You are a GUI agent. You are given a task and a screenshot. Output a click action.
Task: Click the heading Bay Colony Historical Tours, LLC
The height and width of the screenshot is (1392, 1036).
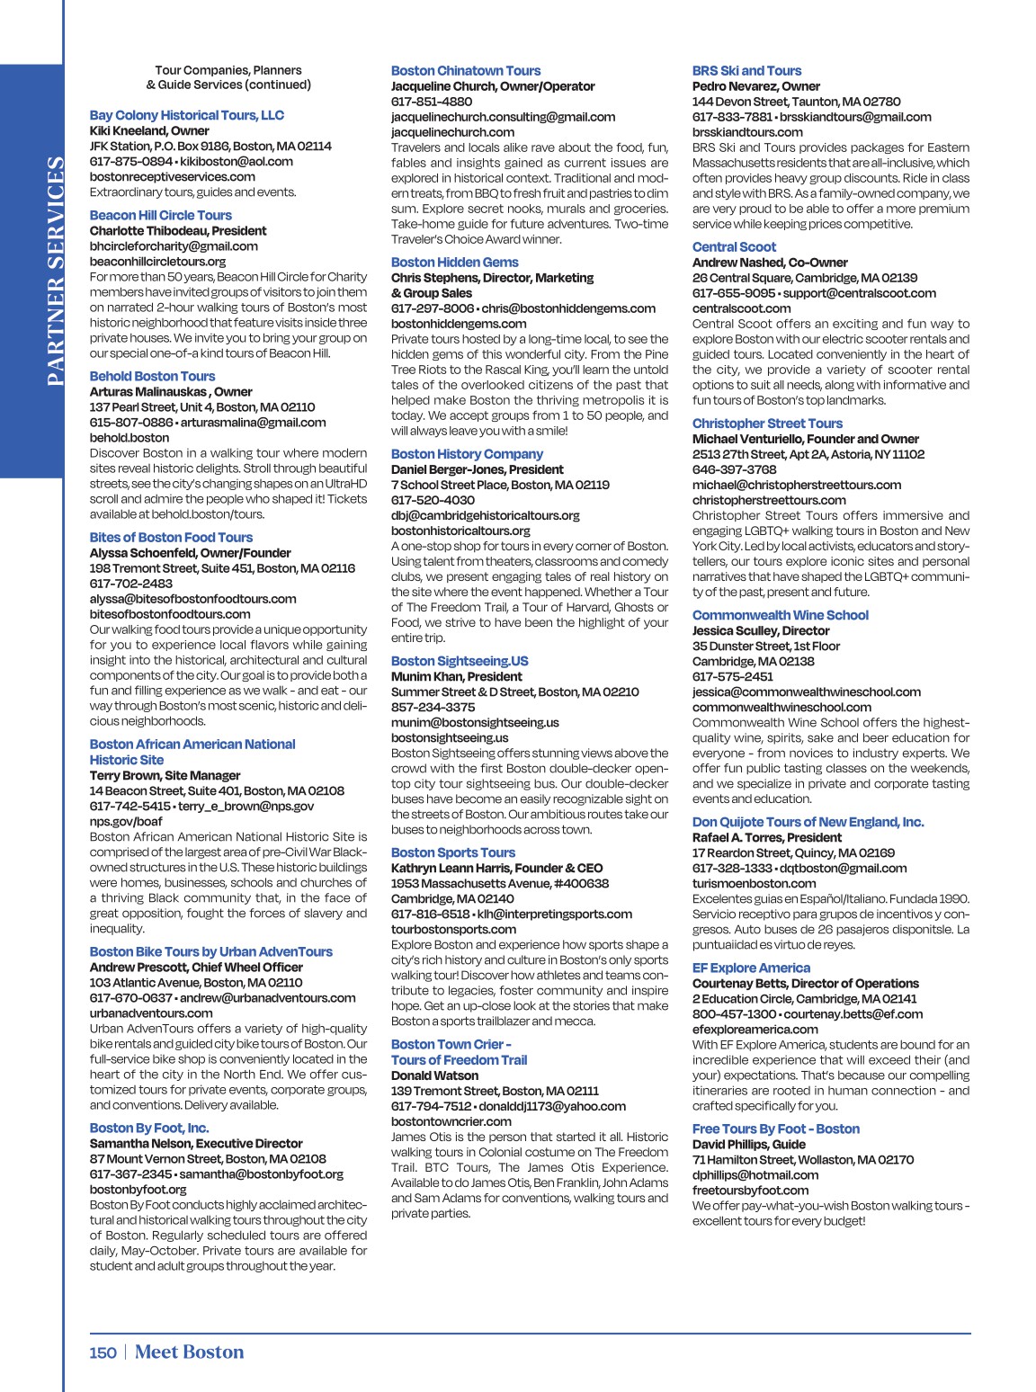pyautogui.click(x=186, y=115)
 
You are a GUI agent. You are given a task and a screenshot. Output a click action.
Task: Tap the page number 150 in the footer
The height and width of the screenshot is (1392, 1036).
pyautogui.click(x=103, y=1352)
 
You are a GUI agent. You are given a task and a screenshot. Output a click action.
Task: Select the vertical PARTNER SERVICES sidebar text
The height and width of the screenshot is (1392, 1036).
pyautogui.click(x=55, y=271)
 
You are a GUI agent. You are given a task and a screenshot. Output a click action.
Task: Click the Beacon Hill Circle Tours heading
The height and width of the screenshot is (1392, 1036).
pyautogui.click(x=160, y=215)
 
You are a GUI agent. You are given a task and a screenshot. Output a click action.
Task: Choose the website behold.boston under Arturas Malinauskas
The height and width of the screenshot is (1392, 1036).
pyautogui.click(x=129, y=438)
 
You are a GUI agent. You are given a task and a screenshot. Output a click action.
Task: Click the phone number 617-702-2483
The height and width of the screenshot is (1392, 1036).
pyautogui.click(x=130, y=584)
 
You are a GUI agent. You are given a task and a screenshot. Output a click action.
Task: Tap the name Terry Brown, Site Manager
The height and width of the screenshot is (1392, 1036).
pyautogui.click(x=165, y=775)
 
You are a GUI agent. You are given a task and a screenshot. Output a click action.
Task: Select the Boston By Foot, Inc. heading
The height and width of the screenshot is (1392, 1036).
pyautogui.click(x=148, y=1128)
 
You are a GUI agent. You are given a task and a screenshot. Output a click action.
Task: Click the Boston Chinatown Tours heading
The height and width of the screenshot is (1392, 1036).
pyautogui.click(x=465, y=71)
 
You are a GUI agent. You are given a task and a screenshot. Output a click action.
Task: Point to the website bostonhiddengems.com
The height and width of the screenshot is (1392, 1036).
pyautogui.click(x=459, y=324)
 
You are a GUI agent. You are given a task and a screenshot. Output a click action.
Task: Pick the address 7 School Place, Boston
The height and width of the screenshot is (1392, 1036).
pyautogui.click(x=499, y=485)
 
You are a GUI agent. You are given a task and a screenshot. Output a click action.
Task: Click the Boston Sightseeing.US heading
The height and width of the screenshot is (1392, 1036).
pyautogui.click(x=459, y=661)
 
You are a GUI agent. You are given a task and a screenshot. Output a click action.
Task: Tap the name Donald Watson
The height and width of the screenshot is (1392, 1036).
pyautogui.click(x=434, y=1075)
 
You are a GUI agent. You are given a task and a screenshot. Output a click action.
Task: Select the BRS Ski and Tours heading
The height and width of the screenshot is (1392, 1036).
pyautogui.click(x=746, y=71)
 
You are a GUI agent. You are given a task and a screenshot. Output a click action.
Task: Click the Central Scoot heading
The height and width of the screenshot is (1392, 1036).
pyautogui.click(x=734, y=247)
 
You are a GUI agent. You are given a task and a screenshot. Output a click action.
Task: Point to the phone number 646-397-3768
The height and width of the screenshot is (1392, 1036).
pyautogui.click(x=734, y=469)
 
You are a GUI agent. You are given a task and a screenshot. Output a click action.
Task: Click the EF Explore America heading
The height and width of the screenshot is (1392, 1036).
pyautogui.click(x=751, y=968)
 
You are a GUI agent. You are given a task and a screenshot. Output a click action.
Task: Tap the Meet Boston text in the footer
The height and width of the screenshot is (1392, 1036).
pyautogui.click(x=189, y=1352)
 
